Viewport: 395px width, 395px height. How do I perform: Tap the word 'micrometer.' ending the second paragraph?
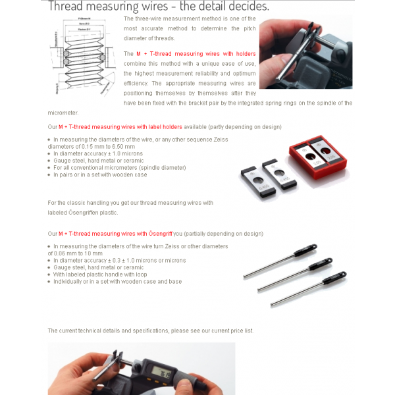point(64,113)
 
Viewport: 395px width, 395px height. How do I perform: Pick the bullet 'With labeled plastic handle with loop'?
point(109,275)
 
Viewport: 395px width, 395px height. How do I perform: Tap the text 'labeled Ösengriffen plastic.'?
point(82,213)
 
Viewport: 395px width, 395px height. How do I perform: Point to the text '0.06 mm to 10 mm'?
point(75,253)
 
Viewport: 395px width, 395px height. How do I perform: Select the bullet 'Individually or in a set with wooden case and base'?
point(117,282)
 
